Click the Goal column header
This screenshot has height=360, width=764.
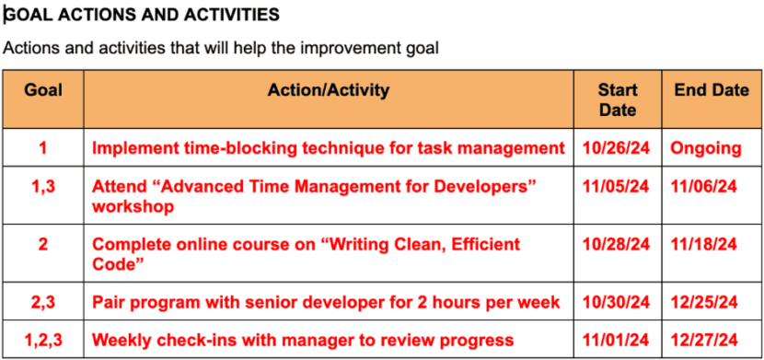pos(42,90)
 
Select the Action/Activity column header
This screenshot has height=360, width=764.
pos(328,90)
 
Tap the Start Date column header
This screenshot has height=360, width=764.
pos(617,99)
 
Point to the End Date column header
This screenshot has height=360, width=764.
pos(712,90)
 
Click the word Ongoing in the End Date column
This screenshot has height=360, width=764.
pos(705,148)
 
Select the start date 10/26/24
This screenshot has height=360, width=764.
pos(616,148)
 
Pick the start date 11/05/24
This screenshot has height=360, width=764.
pos(616,187)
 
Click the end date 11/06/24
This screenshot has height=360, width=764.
pos(704,187)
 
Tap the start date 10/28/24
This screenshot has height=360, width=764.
pos(616,245)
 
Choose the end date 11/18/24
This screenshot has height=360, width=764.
pos(704,245)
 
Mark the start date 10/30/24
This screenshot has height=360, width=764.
pos(616,302)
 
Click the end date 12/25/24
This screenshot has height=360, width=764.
pos(704,302)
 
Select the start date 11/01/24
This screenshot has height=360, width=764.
pos(616,340)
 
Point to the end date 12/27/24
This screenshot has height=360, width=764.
pos(704,340)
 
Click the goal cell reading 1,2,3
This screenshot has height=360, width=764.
pos(43,340)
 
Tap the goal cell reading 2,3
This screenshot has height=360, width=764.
pos(43,302)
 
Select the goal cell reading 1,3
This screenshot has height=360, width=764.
pos(43,187)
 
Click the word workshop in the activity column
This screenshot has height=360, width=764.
pos(133,207)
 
